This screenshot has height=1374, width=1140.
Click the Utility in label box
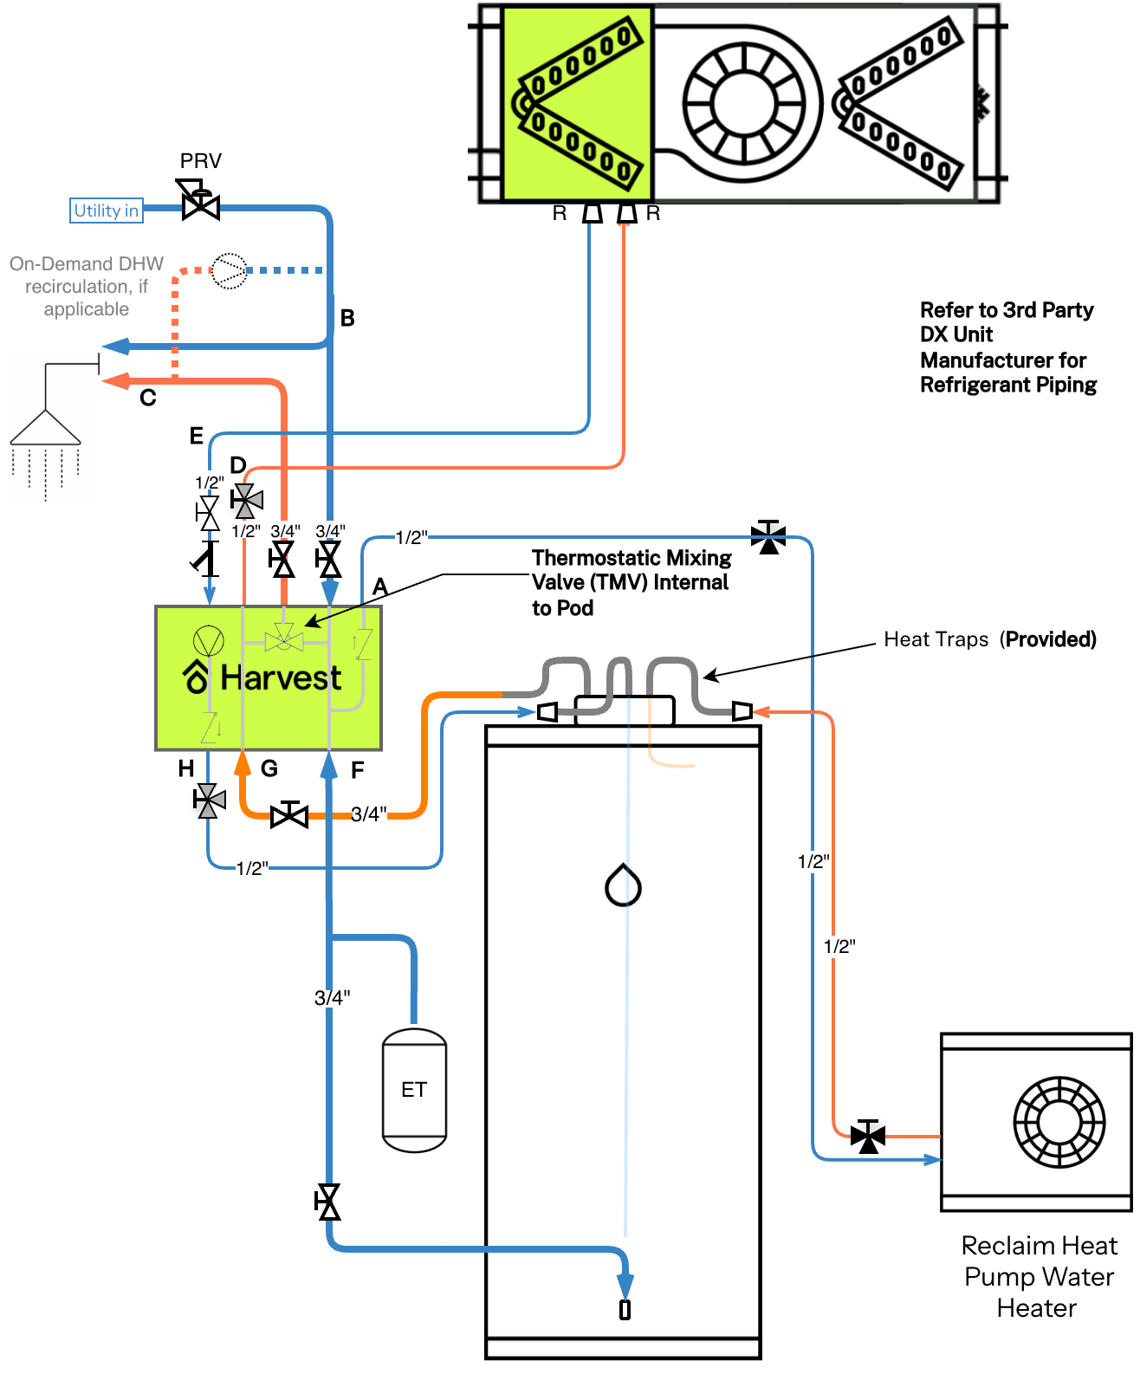[106, 211]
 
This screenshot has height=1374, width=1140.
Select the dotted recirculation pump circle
[229, 270]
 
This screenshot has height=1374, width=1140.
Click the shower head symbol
[45, 428]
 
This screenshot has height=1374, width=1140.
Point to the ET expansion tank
[414, 1089]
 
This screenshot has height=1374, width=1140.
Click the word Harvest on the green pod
[281, 677]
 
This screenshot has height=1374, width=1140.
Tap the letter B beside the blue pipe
[347, 318]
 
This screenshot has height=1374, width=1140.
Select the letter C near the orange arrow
[148, 398]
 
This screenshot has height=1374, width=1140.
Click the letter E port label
[196, 436]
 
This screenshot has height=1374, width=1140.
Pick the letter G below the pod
[269, 768]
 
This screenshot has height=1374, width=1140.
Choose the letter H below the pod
[186, 768]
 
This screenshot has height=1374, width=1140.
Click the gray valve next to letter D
[246, 501]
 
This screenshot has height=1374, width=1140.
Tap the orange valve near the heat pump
[867, 1136]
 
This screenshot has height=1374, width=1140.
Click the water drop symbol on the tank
[623, 885]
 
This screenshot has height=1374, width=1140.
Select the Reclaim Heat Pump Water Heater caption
[1039, 1277]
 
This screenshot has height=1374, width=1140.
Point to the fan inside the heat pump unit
[1059, 1122]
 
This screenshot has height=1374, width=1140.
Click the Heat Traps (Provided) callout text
[990, 639]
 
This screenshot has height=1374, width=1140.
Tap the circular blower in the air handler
[744, 103]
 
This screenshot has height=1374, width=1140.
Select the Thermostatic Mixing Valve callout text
[632, 582]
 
